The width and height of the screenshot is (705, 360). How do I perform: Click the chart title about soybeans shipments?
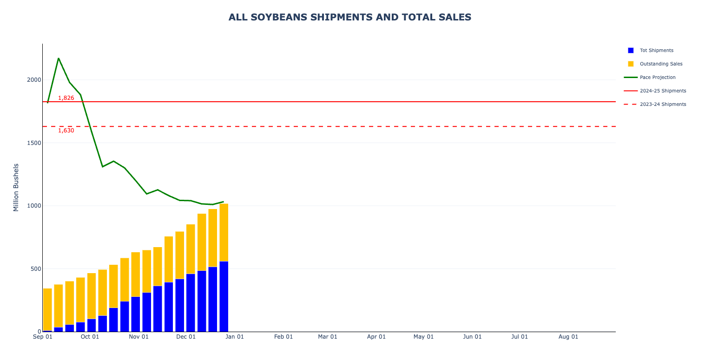tap(349, 17)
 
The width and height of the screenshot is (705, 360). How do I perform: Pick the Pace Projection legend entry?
tap(657, 77)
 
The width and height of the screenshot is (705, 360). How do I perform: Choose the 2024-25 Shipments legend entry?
tap(663, 91)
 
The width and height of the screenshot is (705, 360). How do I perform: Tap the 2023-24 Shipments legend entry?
tap(663, 104)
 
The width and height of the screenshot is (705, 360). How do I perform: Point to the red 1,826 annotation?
tap(66, 98)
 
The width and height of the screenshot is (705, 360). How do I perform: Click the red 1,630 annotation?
tap(66, 131)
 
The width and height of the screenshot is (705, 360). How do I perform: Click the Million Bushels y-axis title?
tap(16, 187)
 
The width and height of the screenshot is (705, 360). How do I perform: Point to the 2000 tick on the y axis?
tap(34, 80)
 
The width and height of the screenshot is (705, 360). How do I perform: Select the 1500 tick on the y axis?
tap(34, 143)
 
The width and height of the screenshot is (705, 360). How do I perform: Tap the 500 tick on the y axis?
tap(35, 268)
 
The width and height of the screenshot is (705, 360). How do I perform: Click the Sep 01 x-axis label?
tap(42, 337)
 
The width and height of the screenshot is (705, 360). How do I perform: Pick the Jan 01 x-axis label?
tap(235, 337)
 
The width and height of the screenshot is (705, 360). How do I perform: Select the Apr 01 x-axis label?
tap(376, 337)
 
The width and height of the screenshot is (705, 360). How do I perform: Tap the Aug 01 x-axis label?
tap(568, 337)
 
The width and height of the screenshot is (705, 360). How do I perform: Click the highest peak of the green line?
tap(59, 59)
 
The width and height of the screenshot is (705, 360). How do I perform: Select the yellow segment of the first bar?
tap(47, 309)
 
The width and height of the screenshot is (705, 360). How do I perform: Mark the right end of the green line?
tap(224, 202)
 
